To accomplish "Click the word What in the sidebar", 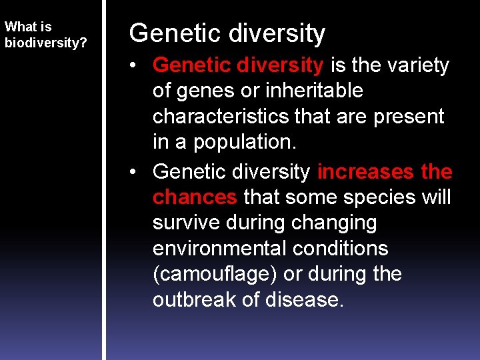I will (20, 27).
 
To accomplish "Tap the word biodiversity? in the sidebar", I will (46, 43).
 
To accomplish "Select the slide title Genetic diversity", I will (227, 33).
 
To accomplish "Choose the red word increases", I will (365, 171).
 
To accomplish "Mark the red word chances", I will (195, 197).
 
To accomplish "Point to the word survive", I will (190, 223).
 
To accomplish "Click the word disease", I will (305, 299).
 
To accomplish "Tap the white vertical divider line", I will (103, 180).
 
